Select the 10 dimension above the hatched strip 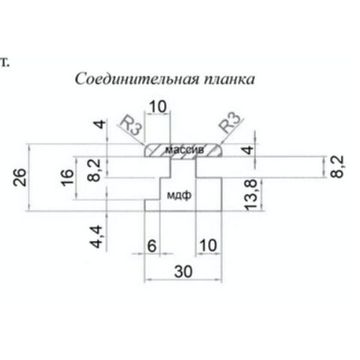158,106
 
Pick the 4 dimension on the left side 98,126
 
